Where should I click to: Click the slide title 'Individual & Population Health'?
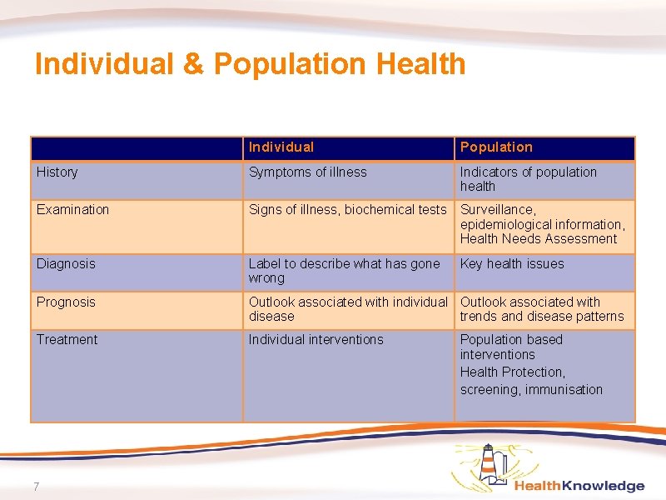(x=250, y=64)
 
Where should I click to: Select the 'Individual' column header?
(x=281, y=147)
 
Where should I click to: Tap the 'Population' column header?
(x=495, y=147)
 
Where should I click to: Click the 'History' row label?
(x=57, y=172)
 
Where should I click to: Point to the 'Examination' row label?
(x=72, y=210)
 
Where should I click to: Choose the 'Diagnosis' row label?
(x=66, y=264)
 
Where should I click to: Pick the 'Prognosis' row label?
(x=66, y=302)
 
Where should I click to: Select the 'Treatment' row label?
(x=67, y=340)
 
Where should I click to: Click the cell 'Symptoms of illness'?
(x=307, y=172)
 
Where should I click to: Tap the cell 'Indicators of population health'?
(x=528, y=179)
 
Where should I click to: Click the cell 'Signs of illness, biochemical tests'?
(x=347, y=210)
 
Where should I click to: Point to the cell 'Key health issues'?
(x=512, y=264)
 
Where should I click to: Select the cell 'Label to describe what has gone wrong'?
(x=344, y=271)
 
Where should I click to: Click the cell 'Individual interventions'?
(x=316, y=340)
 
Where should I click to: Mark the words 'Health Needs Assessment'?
(x=539, y=239)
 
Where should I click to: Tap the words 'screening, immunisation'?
(x=531, y=390)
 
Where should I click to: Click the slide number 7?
(x=37, y=487)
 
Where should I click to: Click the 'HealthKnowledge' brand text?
(x=579, y=486)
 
